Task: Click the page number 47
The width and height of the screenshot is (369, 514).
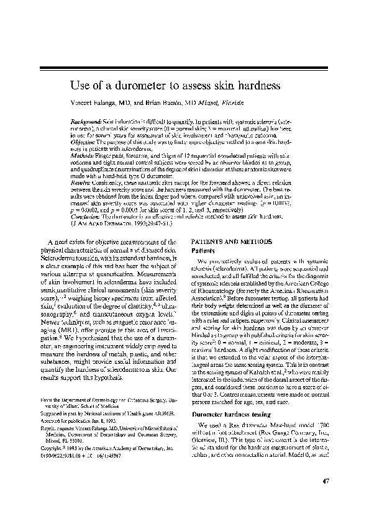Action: click(x=326, y=481)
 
